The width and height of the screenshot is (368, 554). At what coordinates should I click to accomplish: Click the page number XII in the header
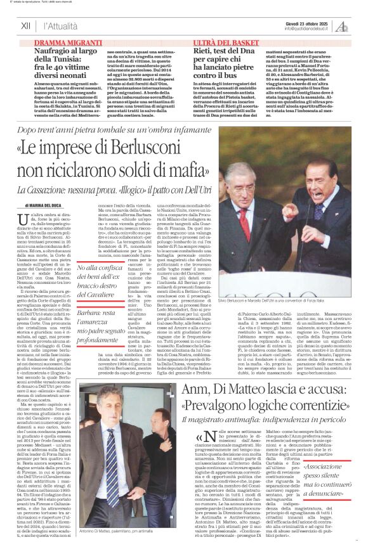pos(26,27)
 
